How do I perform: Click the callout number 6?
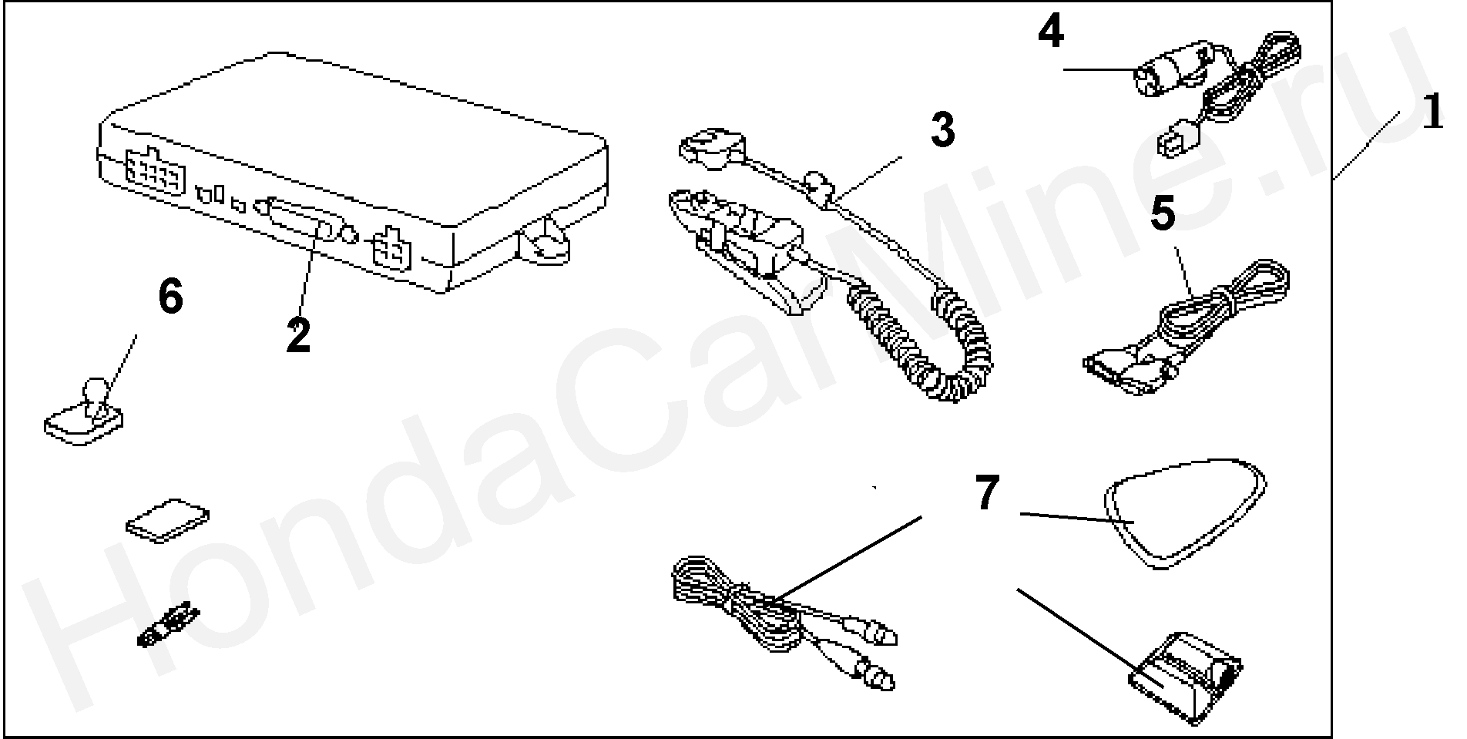[x=170, y=296]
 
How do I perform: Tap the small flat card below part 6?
[x=167, y=522]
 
